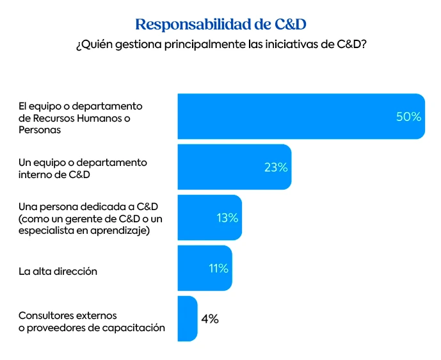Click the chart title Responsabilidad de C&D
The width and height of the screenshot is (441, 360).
pos(221,24)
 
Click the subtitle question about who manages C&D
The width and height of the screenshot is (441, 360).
pos(221,46)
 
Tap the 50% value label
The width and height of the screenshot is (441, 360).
pos(408,117)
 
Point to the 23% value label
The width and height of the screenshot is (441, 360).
pos(276,168)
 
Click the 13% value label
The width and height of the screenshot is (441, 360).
pos(227,218)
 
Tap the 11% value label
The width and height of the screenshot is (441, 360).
pos(218,268)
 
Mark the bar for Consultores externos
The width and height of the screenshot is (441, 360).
pos(187,318)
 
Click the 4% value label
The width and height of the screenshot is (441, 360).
pos(209,319)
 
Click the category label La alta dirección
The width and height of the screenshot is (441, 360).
pos(58,271)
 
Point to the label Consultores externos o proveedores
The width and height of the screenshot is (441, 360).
pos(92,322)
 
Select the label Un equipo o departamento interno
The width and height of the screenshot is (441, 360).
pos(83,168)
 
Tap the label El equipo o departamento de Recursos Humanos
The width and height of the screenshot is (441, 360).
pos(80,117)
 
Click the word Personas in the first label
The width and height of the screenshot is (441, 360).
pos(40,129)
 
